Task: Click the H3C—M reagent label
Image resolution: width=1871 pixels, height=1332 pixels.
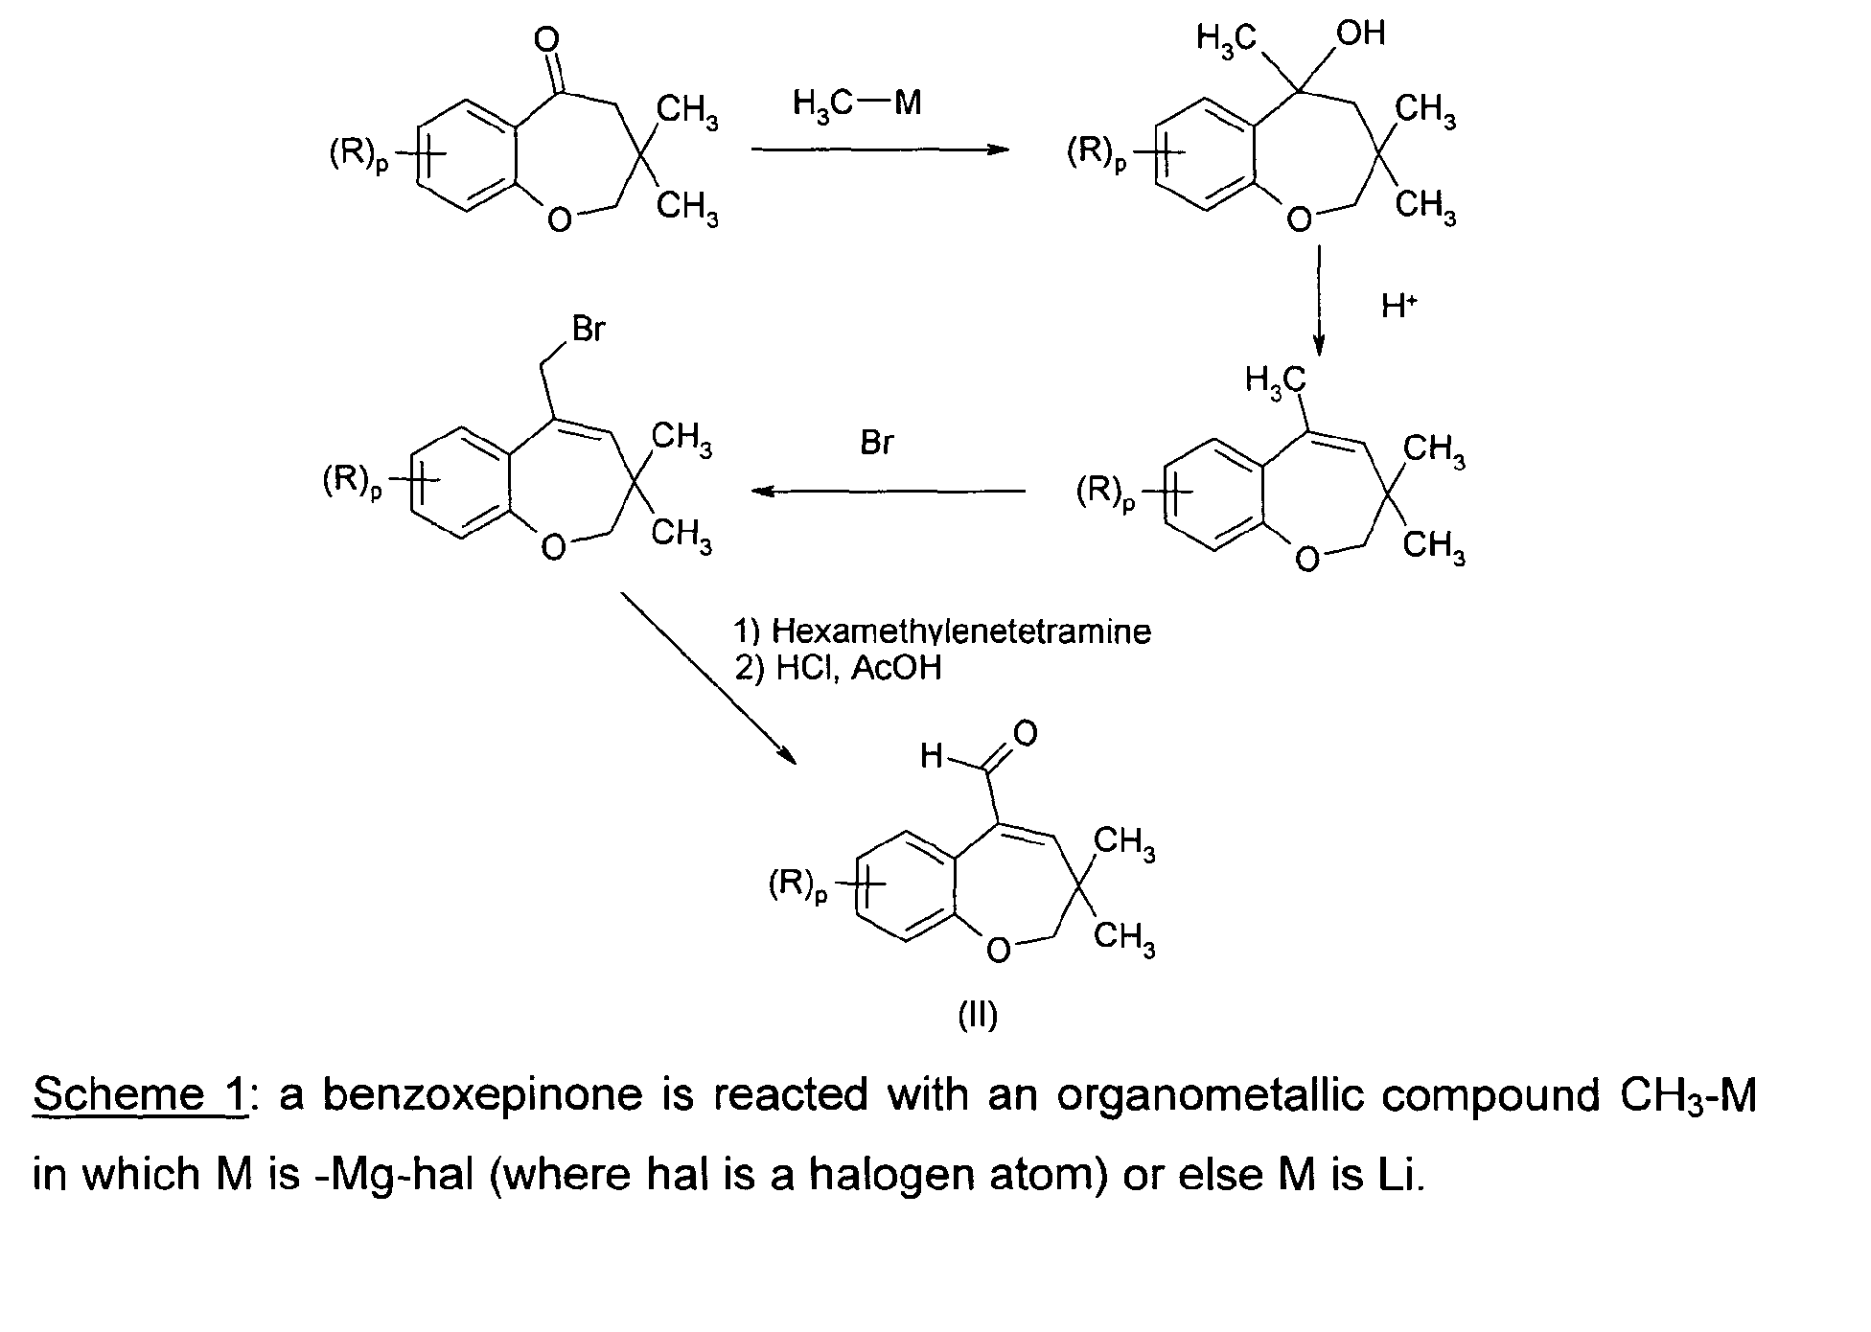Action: pyautogui.click(x=857, y=103)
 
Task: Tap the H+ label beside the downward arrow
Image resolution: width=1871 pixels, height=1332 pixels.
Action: pyautogui.click(x=1398, y=306)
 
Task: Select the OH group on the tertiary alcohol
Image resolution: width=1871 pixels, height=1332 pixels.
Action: pyautogui.click(x=1360, y=34)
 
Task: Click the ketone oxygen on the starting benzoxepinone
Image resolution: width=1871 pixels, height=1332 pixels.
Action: pyautogui.click(x=546, y=39)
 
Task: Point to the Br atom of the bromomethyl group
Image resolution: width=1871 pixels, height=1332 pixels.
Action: pyautogui.click(x=589, y=329)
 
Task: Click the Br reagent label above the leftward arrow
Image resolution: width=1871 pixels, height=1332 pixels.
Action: pyautogui.click(x=877, y=444)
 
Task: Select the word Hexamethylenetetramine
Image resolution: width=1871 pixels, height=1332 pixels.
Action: pyautogui.click(x=961, y=632)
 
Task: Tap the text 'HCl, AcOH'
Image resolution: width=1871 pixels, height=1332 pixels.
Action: pyautogui.click(x=858, y=668)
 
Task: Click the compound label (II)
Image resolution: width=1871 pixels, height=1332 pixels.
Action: pyautogui.click(x=978, y=1015)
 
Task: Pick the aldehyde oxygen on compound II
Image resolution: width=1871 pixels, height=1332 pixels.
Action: pyautogui.click(x=1025, y=734)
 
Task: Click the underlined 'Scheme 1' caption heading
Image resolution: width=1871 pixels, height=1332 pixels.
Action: pyautogui.click(x=140, y=1095)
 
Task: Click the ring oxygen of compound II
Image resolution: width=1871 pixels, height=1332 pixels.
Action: pyautogui.click(x=999, y=950)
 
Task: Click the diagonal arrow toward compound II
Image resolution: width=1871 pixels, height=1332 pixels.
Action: pyautogui.click(x=709, y=678)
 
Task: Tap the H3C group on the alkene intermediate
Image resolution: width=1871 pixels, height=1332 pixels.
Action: pyautogui.click(x=1275, y=380)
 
